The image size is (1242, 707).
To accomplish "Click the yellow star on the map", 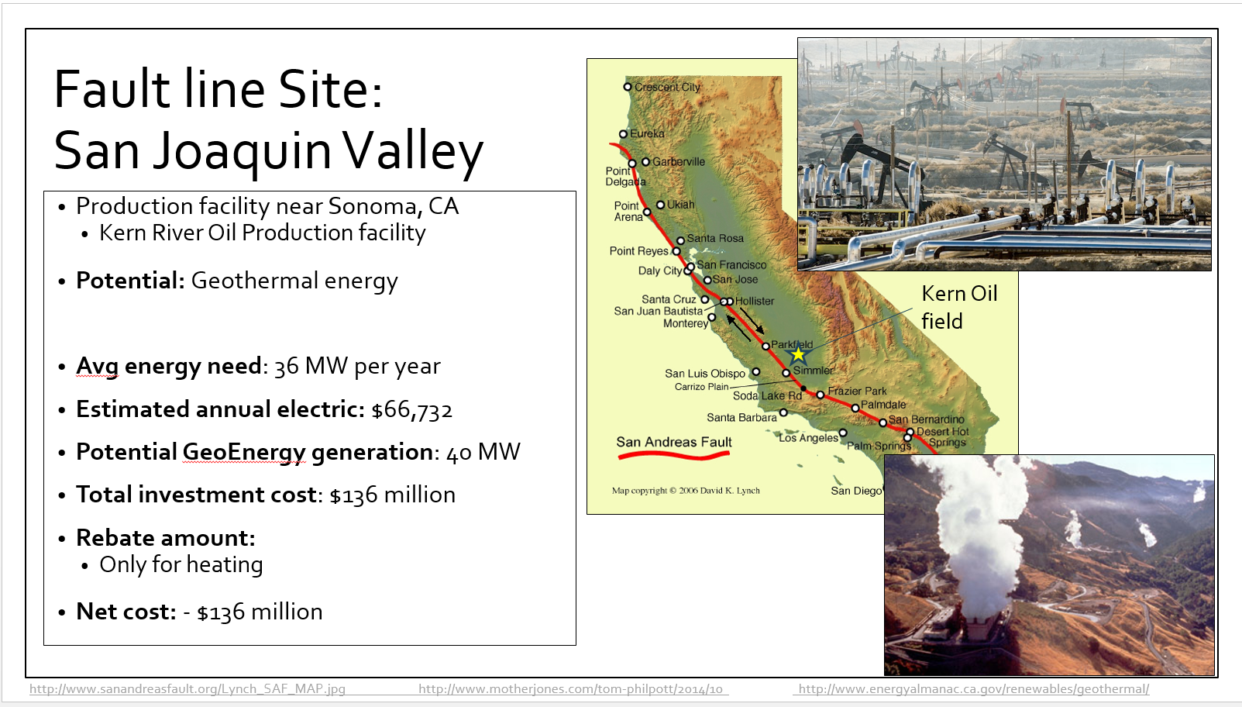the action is [798, 354].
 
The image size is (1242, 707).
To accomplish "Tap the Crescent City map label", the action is [667, 87].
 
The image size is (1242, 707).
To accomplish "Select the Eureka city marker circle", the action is [623, 134].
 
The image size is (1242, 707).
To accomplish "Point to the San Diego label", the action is [856, 491].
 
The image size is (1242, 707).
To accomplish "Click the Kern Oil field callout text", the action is [959, 307].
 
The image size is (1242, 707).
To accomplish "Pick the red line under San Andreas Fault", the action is [673, 456].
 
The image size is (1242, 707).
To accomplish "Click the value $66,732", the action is [412, 410].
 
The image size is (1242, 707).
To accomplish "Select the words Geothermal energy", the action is [294, 281].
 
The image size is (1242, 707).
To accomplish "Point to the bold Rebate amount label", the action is [166, 538].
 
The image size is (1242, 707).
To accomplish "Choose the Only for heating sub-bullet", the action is [181, 565].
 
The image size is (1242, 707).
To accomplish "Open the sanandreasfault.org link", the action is [188, 688].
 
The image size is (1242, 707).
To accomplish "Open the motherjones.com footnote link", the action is [570, 688].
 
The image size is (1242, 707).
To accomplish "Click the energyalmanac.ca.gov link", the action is [974, 688].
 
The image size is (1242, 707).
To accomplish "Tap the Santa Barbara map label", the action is [741, 417].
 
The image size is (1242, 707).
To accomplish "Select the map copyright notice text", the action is [686, 491].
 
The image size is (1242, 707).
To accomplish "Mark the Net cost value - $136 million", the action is [253, 612].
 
